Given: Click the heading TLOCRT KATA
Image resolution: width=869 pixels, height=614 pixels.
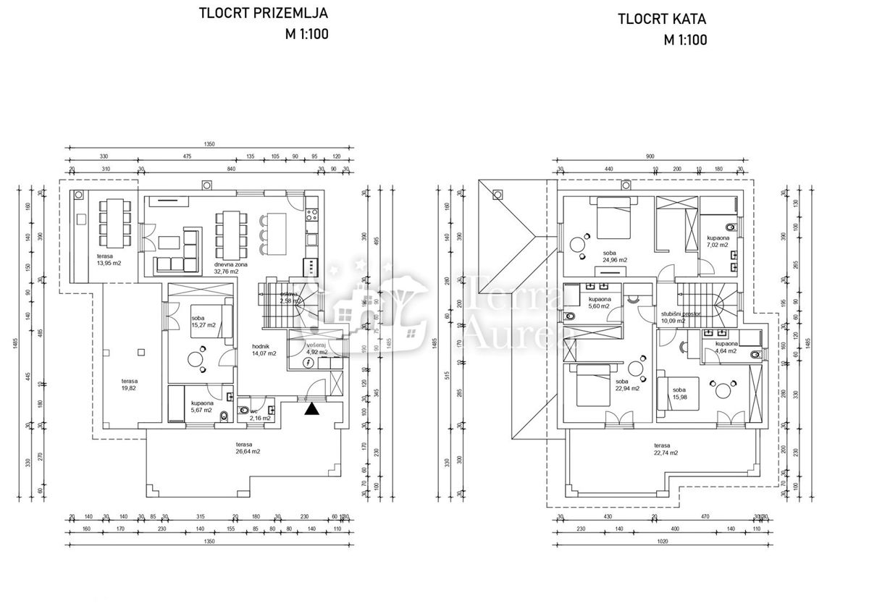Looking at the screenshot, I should (662, 20).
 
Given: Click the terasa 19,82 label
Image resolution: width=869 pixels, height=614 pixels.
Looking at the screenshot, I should (130, 384).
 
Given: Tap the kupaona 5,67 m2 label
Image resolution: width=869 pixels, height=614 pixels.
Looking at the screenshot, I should (201, 406).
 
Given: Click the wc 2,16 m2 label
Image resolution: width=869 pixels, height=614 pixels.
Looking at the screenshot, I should (260, 415).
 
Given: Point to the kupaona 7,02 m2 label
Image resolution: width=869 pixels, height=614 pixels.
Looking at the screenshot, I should (719, 241).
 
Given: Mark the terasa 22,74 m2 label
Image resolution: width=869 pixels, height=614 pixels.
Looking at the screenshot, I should (665, 449).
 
